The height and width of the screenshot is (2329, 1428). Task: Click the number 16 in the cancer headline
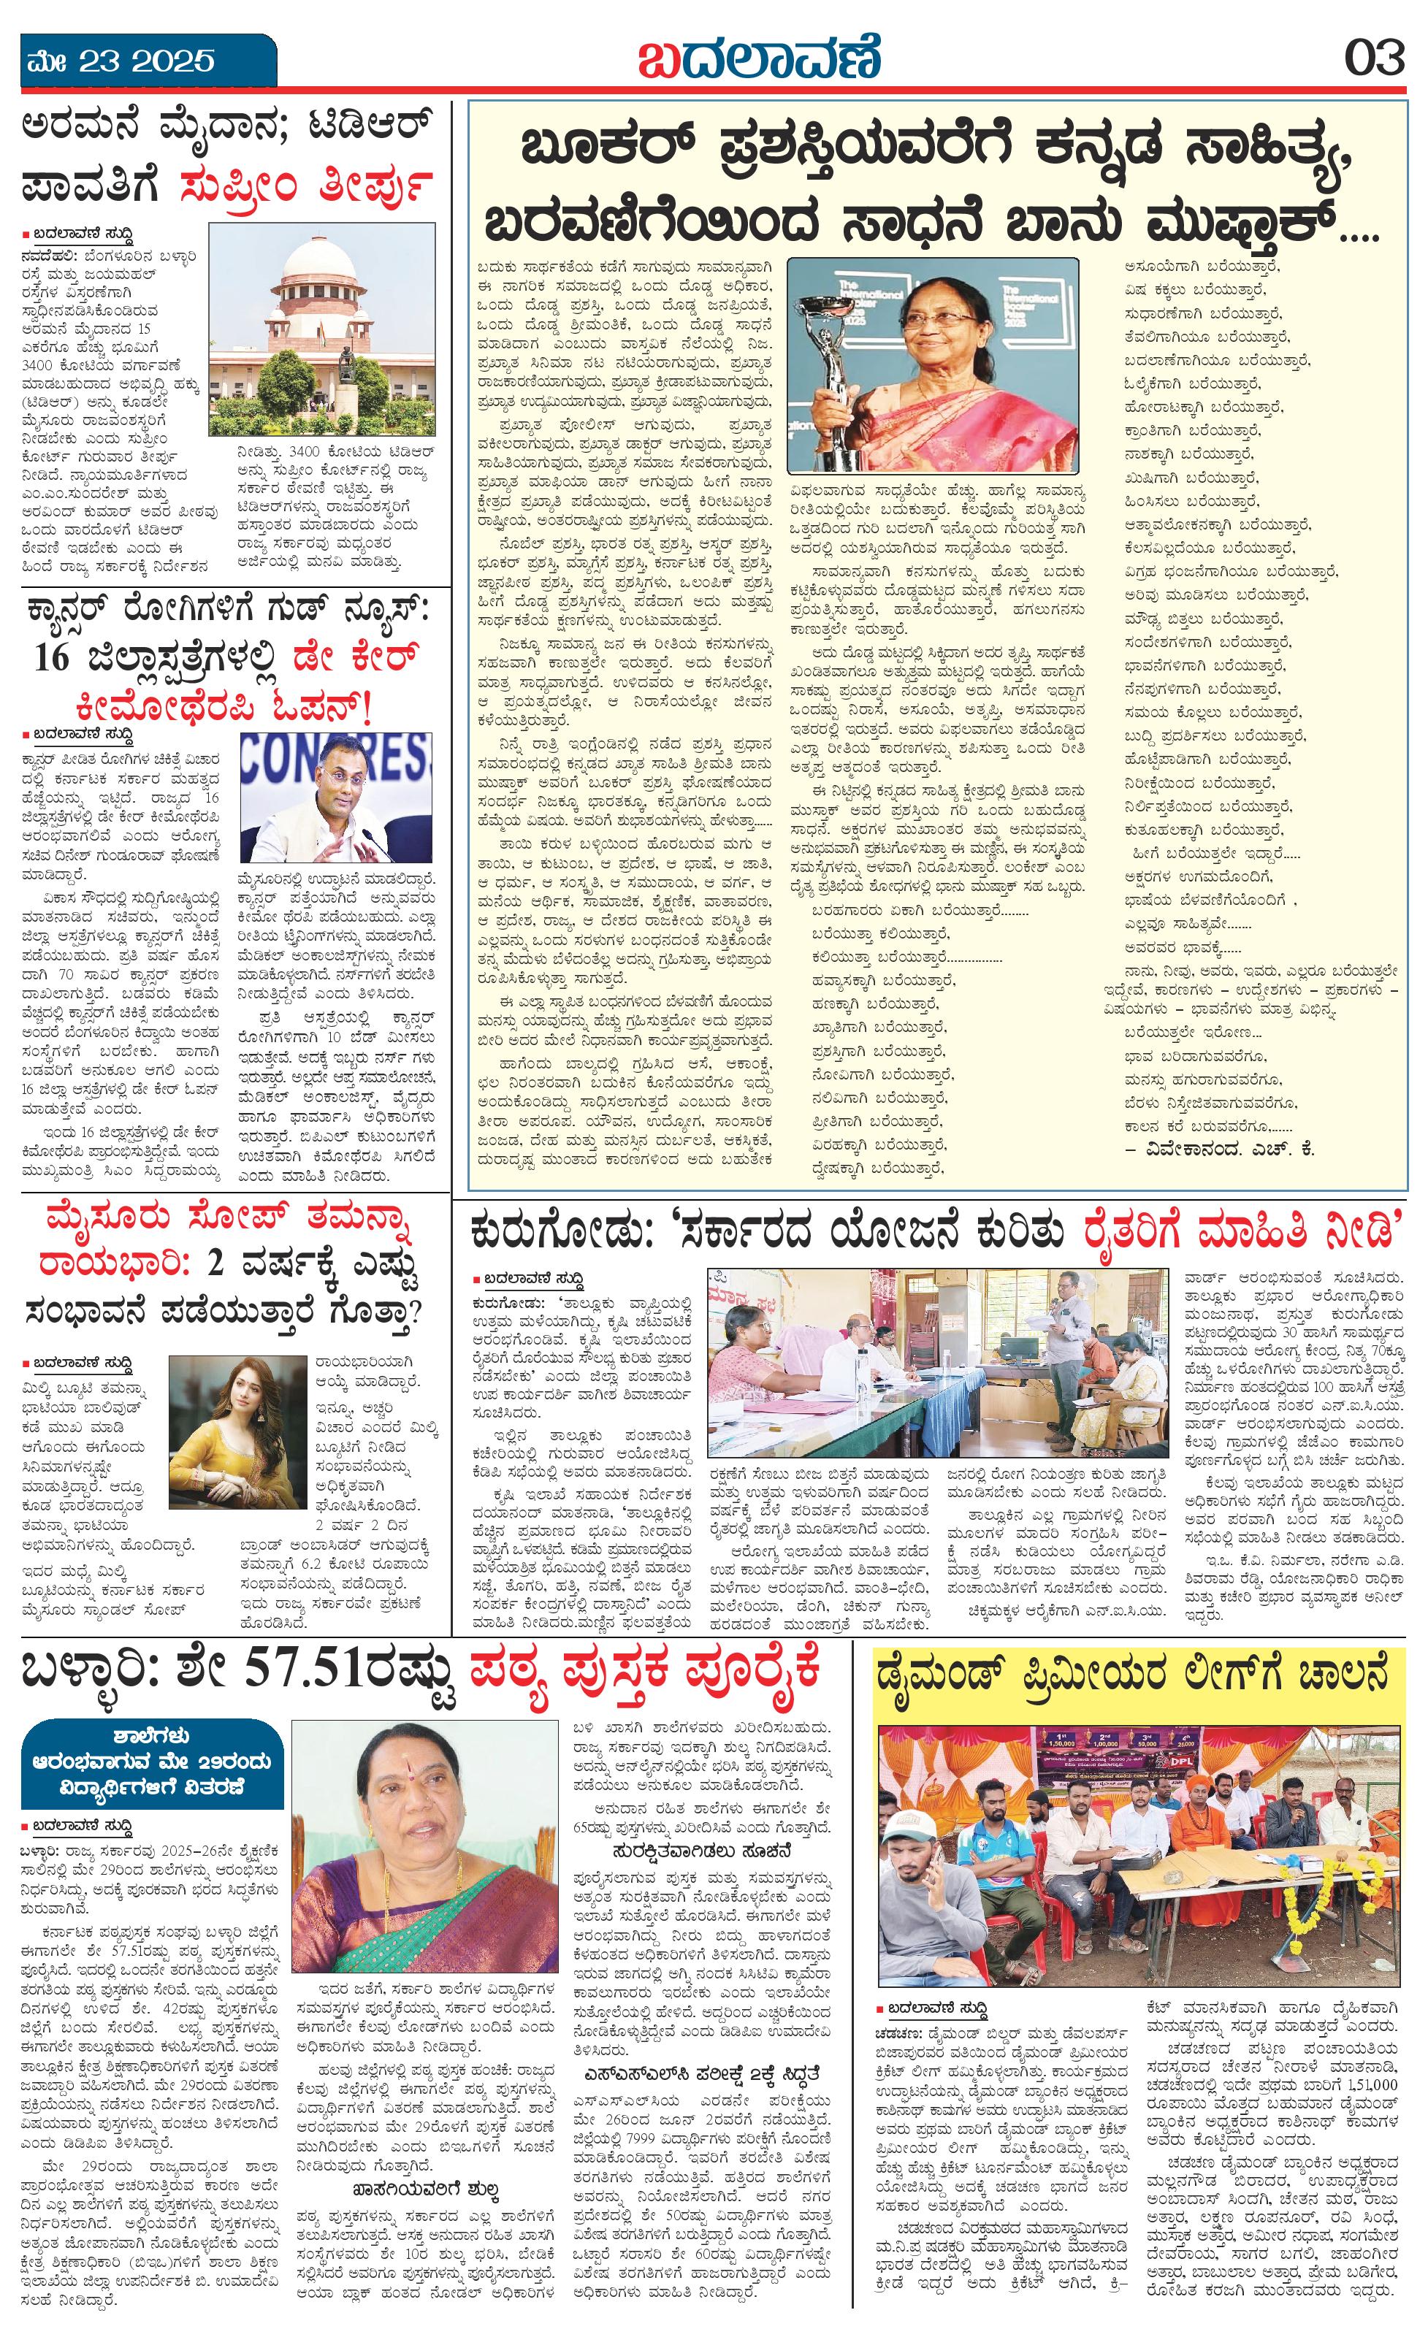(54, 656)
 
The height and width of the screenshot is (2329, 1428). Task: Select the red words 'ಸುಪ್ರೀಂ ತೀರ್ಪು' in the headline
(305, 184)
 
